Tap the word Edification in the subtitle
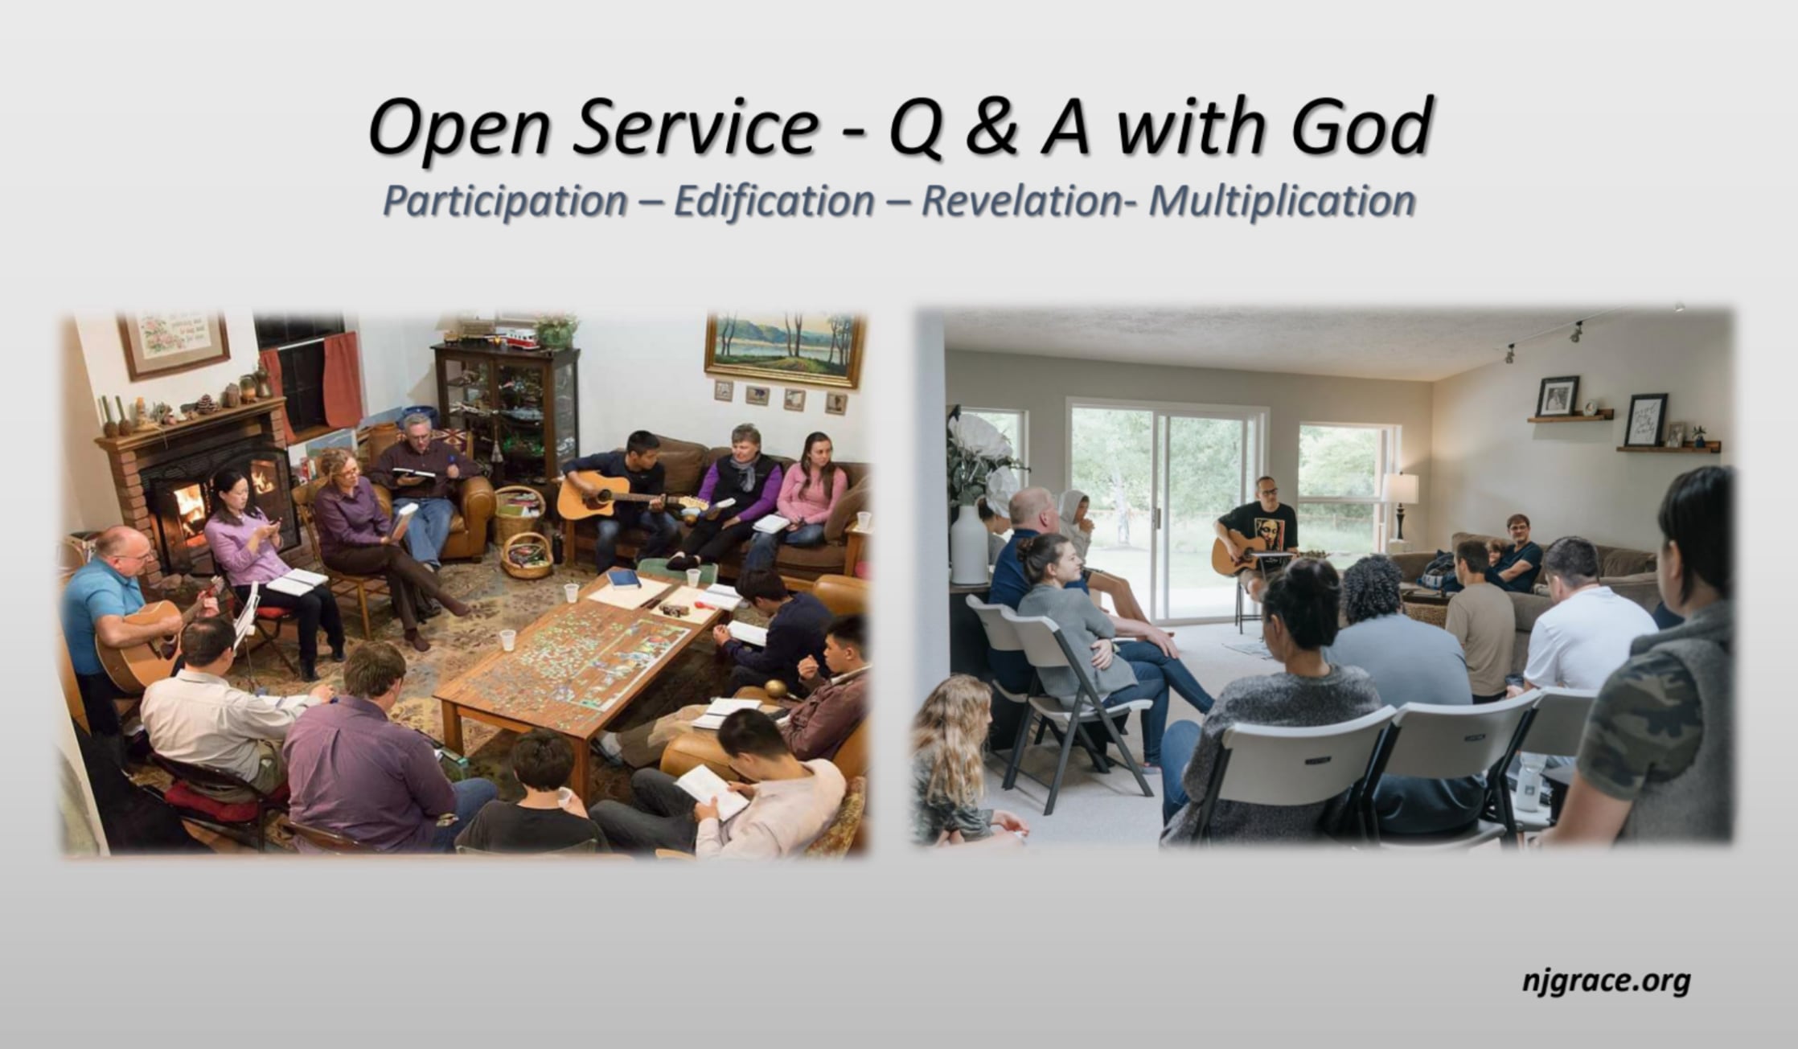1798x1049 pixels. click(774, 201)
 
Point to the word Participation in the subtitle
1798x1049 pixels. click(505, 201)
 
